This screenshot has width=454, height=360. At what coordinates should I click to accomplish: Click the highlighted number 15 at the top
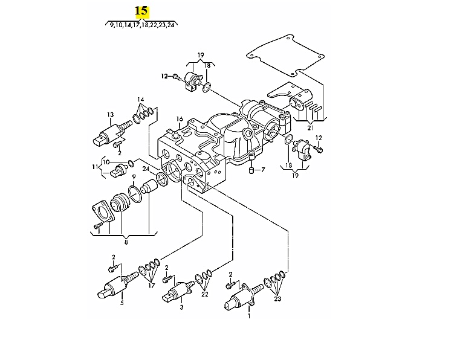pos(141,11)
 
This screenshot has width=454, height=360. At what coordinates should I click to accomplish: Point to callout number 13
pos(111,114)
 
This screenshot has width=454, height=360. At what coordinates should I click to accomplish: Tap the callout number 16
pos(179,118)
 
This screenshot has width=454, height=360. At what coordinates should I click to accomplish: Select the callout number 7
pos(263,171)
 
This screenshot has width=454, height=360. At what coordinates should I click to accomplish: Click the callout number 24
pos(146,169)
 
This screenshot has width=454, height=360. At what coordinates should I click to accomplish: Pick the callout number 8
pos(126,242)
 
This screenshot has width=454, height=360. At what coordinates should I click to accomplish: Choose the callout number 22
pos(205,295)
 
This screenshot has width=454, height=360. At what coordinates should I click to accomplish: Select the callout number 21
pos(310,128)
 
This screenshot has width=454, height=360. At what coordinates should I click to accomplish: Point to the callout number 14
pos(140,99)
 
